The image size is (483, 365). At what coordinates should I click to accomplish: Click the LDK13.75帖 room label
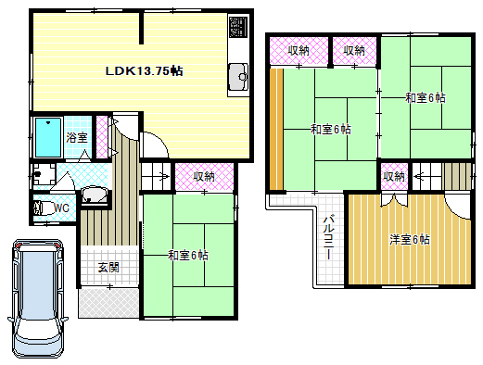tap(144, 71)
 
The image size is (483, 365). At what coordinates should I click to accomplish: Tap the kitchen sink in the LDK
tap(238, 76)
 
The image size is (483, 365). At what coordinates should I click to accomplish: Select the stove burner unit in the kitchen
tap(238, 26)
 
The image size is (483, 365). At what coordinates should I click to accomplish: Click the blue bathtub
tap(48, 137)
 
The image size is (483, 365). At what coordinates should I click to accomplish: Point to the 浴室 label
tap(77, 137)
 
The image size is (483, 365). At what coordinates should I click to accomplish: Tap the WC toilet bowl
tap(40, 208)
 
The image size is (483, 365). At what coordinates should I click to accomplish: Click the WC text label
tap(61, 208)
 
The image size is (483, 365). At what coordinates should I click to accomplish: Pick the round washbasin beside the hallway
tap(95, 195)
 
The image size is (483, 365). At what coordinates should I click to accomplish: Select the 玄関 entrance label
tap(108, 268)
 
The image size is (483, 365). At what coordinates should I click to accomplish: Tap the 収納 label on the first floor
tap(204, 177)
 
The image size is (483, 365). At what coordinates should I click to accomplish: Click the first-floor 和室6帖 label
tap(188, 256)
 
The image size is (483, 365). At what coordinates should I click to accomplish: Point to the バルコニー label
tap(328, 238)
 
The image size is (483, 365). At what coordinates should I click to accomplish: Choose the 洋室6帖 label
tap(410, 240)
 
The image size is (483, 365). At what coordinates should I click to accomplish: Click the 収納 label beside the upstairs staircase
tap(394, 177)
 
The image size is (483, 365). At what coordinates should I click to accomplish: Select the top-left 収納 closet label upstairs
tap(299, 51)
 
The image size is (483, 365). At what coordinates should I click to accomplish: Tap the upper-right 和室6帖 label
tap(426, 98)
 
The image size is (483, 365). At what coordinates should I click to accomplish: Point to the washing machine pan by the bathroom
tap(44, 175)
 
